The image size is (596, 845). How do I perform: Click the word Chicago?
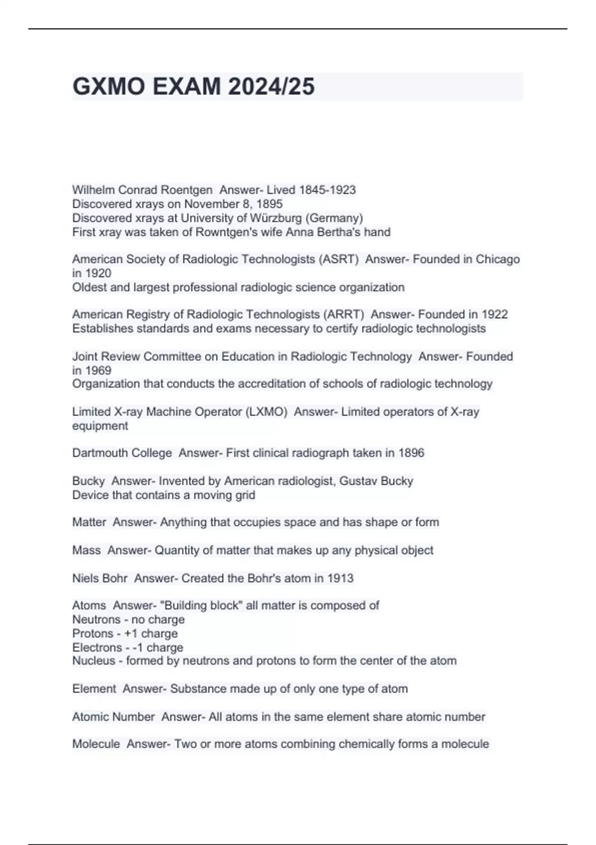point(498,259)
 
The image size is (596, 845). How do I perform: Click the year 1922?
point(495,314)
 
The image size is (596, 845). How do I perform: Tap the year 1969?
point(98,370)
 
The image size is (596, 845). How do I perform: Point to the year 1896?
point(411,453)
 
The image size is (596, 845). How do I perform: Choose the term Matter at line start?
point(89,522)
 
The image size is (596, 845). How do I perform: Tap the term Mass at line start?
point(86,550)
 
